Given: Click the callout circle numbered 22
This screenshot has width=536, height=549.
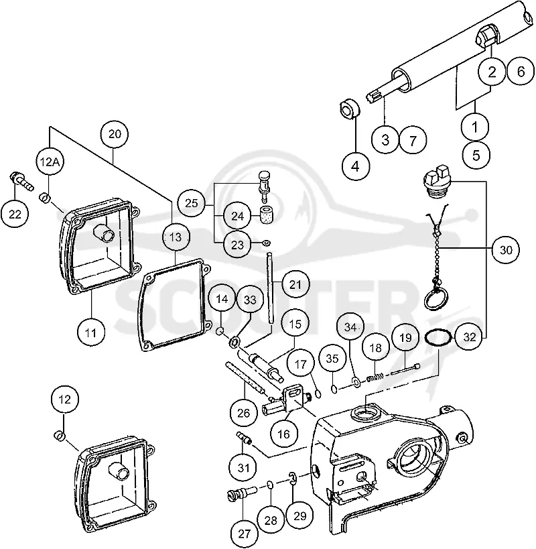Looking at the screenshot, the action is pyautogui.click(x=15, y=214).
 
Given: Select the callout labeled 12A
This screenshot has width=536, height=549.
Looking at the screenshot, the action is pyautogui.click(x=50, y=162).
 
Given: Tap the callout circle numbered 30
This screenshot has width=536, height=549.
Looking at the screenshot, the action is pyautogui.click(x=506, y=249).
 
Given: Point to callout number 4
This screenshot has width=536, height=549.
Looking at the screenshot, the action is pyautogui.click(x=356, y=166).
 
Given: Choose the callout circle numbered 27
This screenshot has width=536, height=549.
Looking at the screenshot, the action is pyautogui.click(x=244, y=534).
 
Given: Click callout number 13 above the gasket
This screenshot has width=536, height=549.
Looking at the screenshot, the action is pyautogui.click(x=176, y=237).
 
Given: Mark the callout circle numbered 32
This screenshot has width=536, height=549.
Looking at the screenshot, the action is pyautogui.click(x=469, y=337).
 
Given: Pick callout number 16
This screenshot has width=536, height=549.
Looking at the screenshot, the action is pyautogui.click(x=283, y=434).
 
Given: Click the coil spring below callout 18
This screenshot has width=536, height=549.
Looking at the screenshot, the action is pyautogui.click(x=375, y=377).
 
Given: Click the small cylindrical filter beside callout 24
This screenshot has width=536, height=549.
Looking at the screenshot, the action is pyautogui.click(x=266, y=215).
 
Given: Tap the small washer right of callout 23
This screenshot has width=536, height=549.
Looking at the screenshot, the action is pyautogui.click(x=265, y=242).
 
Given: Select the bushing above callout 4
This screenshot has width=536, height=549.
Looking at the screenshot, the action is pyautogui.click(x=350, y=109).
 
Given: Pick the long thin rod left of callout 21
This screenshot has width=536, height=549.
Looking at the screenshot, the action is pyautogui.click(x=270, y=288).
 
